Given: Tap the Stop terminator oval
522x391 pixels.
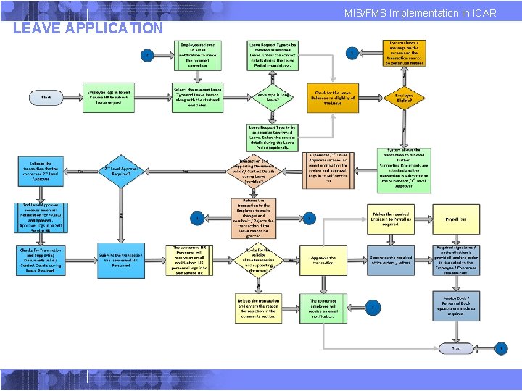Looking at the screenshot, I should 456,348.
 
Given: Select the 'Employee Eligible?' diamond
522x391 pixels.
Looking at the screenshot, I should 403,96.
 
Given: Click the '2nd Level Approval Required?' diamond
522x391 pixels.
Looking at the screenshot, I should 122,171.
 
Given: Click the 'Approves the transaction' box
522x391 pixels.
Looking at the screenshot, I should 323,260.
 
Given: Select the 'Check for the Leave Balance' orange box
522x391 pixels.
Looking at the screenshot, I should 333,96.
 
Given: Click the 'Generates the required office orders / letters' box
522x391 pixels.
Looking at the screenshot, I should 391,260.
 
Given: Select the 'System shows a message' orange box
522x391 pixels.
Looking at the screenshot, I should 403,53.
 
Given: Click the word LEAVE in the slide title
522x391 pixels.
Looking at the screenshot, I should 36,28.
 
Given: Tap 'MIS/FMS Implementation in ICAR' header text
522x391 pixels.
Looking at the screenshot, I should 420,13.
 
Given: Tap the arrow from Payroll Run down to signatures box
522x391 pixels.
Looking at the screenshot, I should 456,238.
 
